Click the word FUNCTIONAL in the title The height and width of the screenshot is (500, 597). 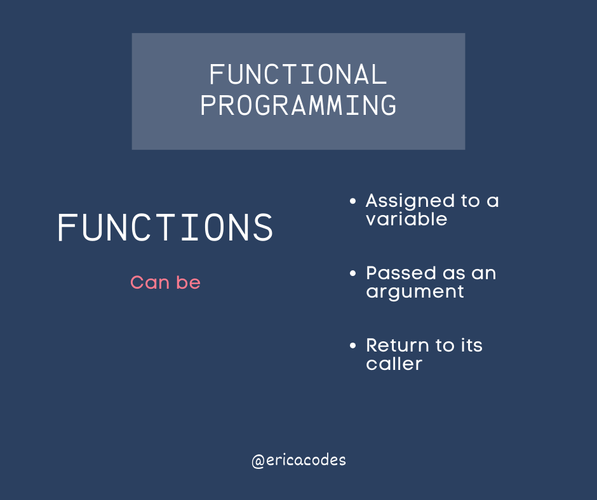[x=298, y=74]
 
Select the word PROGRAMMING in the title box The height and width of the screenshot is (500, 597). [x=298, y=105]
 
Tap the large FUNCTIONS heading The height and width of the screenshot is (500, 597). [x=165, y=227]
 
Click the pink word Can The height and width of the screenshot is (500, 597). [x=150, y=283]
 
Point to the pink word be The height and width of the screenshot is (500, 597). [x=188, y=282]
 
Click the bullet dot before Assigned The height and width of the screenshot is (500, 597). [x=352, y=201]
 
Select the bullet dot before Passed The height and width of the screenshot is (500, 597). [x=352, y=273]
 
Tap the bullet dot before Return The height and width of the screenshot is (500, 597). [x=352, y=346]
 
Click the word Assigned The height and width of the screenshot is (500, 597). [x=410, y=201]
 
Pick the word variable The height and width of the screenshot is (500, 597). [x=406, y=219]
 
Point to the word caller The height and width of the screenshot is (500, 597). [x=394, y=364]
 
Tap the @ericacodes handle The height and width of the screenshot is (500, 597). [x=299, y=461]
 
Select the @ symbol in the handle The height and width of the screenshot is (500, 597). [x=258, y=461]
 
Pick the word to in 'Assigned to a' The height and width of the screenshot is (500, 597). [x=470, y=201]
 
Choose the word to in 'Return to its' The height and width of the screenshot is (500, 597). [x=445, y=346]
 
